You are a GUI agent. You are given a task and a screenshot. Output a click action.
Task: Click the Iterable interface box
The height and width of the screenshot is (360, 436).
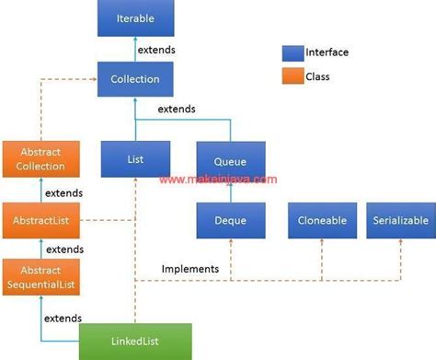tap(135, 18)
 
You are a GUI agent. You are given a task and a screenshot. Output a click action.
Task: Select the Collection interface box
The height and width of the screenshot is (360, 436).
tap(135, 79)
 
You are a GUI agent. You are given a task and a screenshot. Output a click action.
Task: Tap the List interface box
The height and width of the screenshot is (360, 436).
tap(135, 158)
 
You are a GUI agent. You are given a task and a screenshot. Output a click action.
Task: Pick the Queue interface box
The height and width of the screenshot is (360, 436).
tap(231, 158)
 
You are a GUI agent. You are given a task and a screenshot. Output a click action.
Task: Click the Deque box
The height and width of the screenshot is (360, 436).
tap(231, 221)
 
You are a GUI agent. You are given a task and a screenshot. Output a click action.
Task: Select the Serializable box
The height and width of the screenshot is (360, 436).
tap(401, 221)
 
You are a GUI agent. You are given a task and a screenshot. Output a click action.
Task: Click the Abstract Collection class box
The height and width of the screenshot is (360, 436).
tap(40, 159)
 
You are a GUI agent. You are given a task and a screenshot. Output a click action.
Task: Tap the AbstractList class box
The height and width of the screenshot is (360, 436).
tap(40, 221)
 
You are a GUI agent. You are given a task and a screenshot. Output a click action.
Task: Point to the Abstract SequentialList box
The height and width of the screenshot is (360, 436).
tap(40, 276)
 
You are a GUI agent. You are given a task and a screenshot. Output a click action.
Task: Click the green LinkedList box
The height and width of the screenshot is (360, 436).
tap(135, 342)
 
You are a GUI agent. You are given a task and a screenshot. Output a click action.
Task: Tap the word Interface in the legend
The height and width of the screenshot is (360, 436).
tap(329, 52)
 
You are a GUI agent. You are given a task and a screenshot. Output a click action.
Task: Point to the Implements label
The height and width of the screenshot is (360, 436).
tap(189, 269)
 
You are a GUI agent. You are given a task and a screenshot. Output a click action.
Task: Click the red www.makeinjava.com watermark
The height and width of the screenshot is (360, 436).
tap(217, 180)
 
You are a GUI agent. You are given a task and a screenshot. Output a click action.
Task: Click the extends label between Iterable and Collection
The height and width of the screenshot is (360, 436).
tap(156, 49)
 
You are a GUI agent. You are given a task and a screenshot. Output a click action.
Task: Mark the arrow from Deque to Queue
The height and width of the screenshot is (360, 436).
tap(231, 190)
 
